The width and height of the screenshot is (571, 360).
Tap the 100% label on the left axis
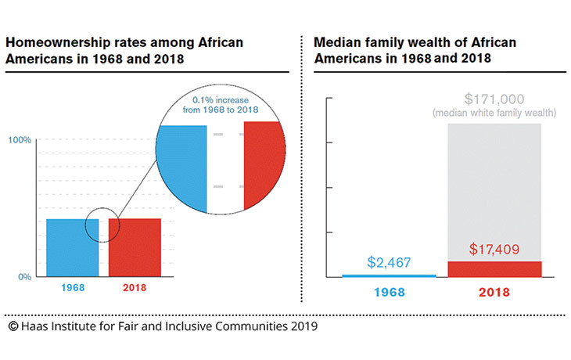tap(20, 140)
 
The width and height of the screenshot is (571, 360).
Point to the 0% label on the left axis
tap(23, 276)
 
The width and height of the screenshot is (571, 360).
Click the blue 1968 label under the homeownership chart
tap(73, 288)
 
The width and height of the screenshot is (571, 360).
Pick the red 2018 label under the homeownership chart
tap(134, 288)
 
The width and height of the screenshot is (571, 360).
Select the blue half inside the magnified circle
tap(181, 168)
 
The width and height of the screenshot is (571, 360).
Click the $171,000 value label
tap(494, 99)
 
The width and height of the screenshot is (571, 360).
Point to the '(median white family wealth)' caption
tap(494, 114)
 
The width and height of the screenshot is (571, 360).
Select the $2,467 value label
tap(388, 264)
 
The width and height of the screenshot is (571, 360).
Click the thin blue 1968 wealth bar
tap(388, 275)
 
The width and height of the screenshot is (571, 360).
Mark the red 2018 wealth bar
tap(494, 268)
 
